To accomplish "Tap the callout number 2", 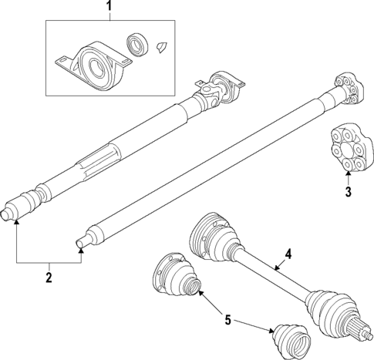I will [x=48, y=275].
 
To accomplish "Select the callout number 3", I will [x=348, y=192].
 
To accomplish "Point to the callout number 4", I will [x=288, y=254].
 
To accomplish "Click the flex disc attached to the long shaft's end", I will [x=345, y=91].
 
